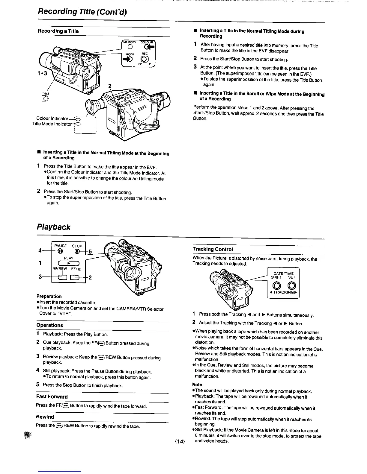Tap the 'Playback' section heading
tap(53, 227)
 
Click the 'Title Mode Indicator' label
tap(52, 124)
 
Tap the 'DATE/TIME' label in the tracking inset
tap(284, 273)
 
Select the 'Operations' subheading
tap(50, 325)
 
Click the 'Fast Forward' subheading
tap(52, 396)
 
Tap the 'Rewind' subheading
tap(45, 417)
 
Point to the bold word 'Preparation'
tap(49, 296)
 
